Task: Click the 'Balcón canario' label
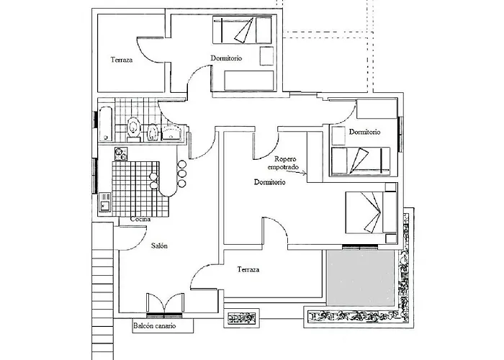155,326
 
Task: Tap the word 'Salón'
159,246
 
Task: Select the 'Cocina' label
140,219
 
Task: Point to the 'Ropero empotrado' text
283,163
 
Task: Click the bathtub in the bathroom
105,124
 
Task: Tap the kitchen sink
105,202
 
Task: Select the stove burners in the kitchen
121,154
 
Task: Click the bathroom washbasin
171,132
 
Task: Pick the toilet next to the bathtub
134,129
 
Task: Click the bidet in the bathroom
153,132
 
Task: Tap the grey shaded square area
360,279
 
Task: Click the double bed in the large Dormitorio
371,212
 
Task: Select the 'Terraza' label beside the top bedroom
122,60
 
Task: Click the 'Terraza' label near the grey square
248,269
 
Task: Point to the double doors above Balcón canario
165,303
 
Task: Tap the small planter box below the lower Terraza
241,318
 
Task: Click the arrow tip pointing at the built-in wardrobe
306,174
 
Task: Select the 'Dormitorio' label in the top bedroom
226,58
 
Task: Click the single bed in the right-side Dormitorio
361,161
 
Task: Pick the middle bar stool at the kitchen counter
182,174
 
